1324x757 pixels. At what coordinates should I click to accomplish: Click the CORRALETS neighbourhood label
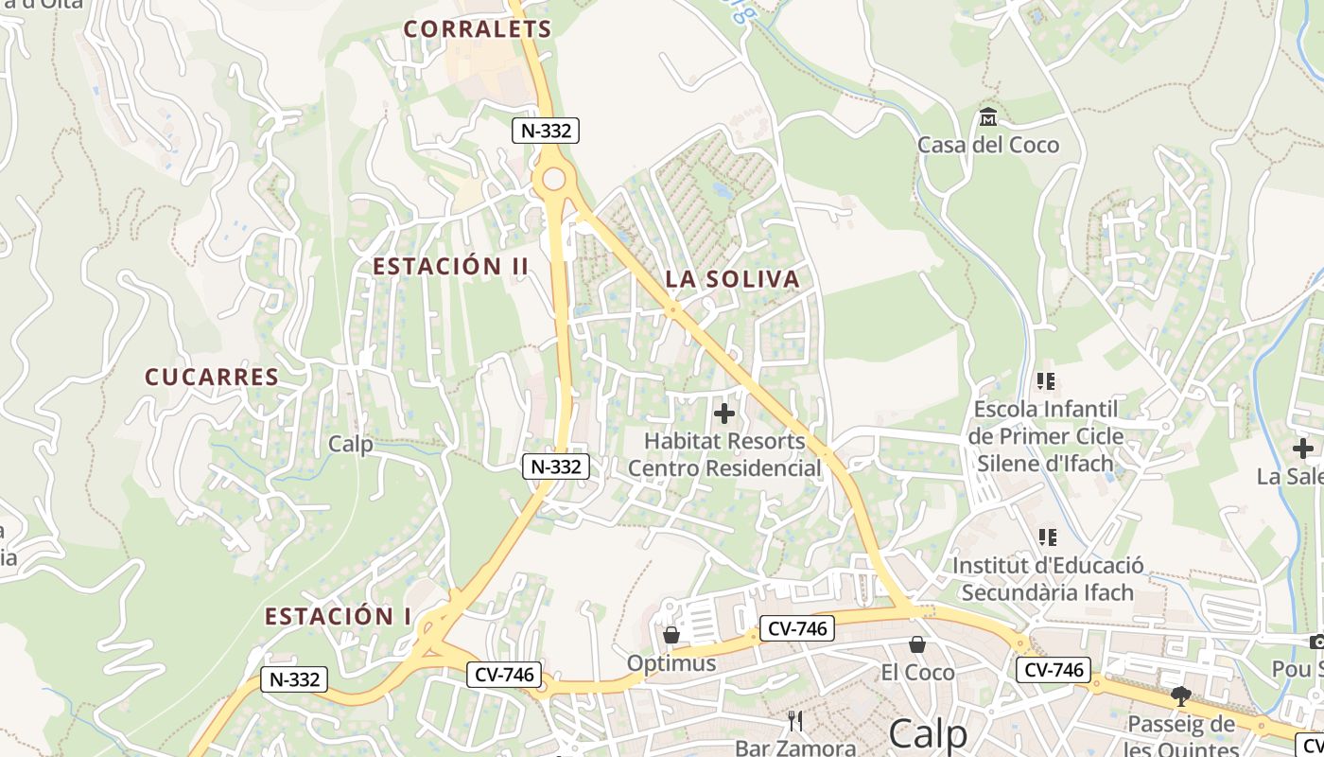478,29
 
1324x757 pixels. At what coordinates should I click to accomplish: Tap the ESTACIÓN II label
450,267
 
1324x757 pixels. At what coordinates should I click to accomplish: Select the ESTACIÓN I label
338,617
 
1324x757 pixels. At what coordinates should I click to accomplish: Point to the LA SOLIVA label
732,279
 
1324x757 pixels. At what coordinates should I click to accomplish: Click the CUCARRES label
212,378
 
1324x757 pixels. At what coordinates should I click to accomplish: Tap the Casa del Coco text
988,145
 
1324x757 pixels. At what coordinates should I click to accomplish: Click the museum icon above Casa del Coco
988,117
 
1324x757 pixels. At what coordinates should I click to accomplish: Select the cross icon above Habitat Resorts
724,414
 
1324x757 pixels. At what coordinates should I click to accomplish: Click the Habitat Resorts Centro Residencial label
724,454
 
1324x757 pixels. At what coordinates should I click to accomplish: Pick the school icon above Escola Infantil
1046,381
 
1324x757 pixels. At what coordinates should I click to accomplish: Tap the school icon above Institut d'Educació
1047,537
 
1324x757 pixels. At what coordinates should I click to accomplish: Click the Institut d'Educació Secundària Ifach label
1048,579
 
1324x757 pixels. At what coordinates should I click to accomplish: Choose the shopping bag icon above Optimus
671,634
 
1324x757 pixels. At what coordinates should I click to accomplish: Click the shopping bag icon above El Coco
917,644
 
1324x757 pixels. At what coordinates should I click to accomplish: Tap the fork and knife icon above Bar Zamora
795,721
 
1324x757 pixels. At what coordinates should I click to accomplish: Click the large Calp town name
929,734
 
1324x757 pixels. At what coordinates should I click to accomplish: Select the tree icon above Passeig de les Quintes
1180,697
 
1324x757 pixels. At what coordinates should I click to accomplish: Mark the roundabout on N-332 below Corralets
553,179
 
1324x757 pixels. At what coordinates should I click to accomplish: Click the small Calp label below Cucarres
351,444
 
